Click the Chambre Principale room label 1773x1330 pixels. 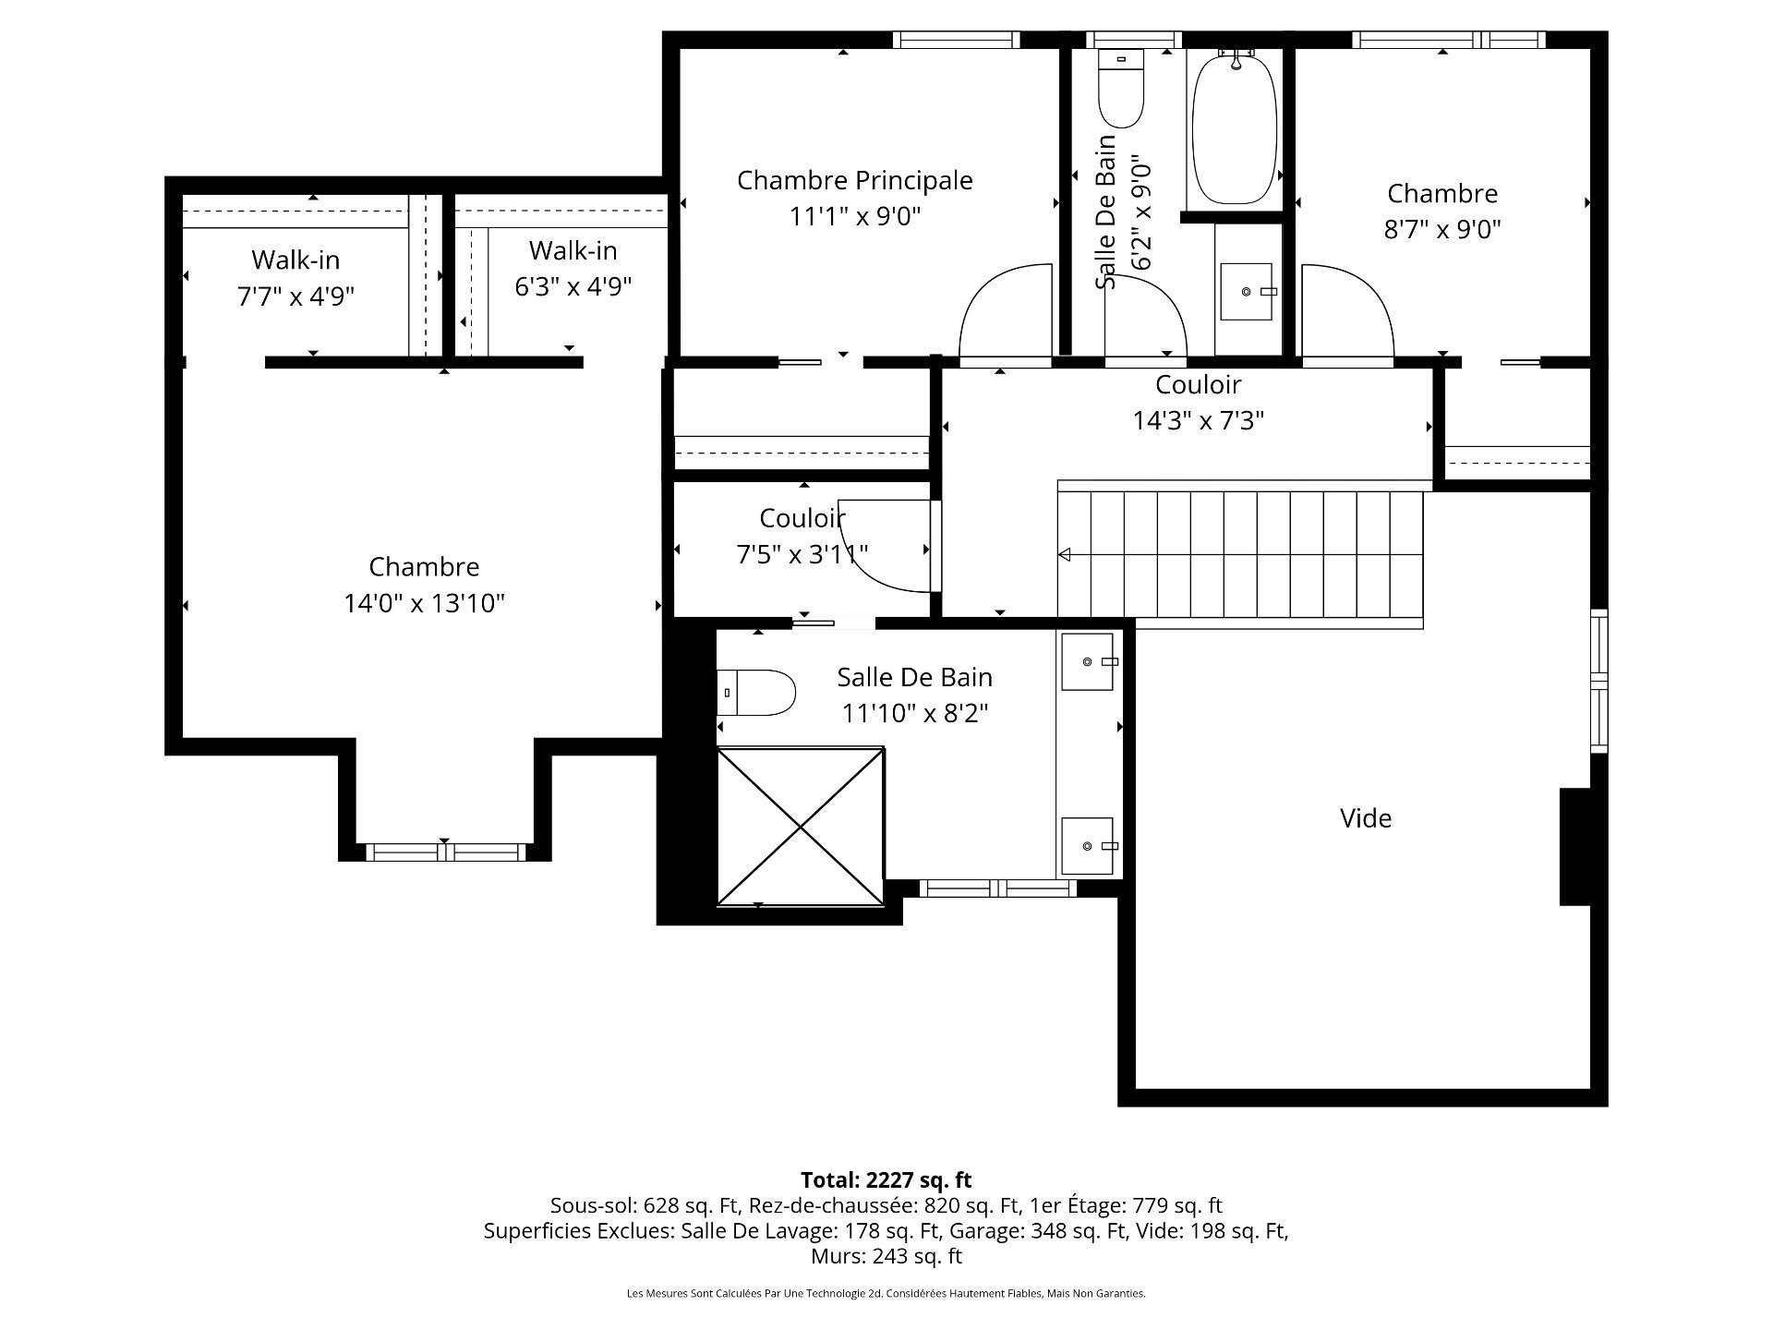(x=854, y=180)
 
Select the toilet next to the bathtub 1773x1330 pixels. (x=1121, y=89)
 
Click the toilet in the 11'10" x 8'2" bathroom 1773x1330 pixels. (x=756, y=693)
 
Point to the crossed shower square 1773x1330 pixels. (x=801, y=827)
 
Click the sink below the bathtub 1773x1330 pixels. (x=1247, y=292)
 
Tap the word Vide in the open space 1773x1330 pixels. (x=1366, y=817)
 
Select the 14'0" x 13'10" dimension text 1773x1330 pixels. (x=425, y=603)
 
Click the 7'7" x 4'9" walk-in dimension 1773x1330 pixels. (x=295, y=296)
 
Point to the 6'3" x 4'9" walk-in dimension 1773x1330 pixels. (x=573, y=286)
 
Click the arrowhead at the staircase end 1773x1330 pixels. (x=1064, y=555)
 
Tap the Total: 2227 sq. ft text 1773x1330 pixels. (x=886, y=1179)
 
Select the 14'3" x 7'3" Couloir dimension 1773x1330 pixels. (x=1198, y=421)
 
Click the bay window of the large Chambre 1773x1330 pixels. (x=446, y=852)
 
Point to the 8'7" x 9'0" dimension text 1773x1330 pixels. (x=1442, y=229)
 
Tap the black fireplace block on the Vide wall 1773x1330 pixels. (x=1575, y=846)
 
